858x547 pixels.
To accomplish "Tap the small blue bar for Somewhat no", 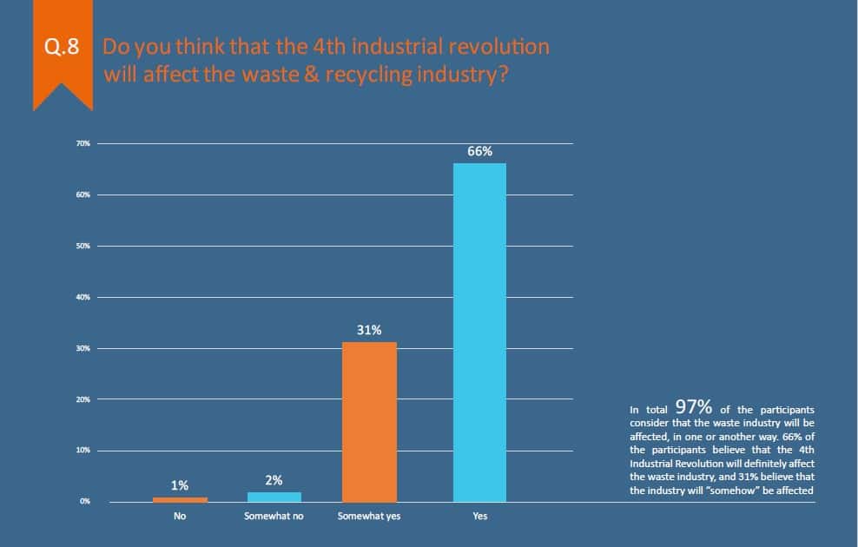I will [274, 497].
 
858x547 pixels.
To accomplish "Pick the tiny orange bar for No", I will [180, 499].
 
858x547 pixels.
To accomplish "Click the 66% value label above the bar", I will [479, 151].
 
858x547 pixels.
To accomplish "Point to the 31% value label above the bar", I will [369, 330].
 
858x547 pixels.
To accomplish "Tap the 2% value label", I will [274, 480].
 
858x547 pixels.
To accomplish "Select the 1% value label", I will [180, 485].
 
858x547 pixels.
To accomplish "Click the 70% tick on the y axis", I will [83, 143].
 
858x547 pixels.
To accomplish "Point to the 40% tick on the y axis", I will [83, 297].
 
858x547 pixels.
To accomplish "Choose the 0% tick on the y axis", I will [85, 502].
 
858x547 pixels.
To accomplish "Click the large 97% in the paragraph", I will [693, 406].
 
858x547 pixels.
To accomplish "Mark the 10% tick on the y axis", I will [83, 451].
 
